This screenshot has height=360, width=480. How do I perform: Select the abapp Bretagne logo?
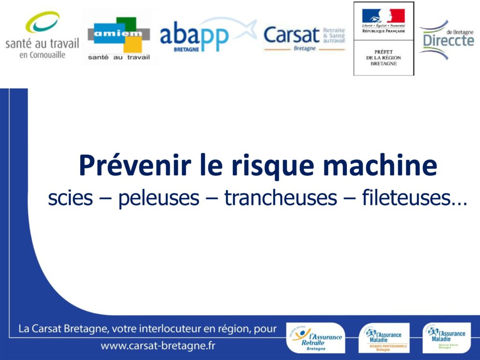tap(206, 35)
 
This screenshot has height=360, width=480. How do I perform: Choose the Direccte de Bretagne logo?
tap(447, 39)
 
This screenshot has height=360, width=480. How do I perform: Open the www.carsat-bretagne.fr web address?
tap(158, 346)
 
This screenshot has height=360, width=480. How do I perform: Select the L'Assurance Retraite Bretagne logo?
tap(315, 338)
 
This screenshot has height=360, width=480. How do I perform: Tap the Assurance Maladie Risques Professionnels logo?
tap(384, 338)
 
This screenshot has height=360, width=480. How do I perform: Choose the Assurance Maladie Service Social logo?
tap(447, 337)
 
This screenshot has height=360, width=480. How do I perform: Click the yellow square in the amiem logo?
tap(132, 45)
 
